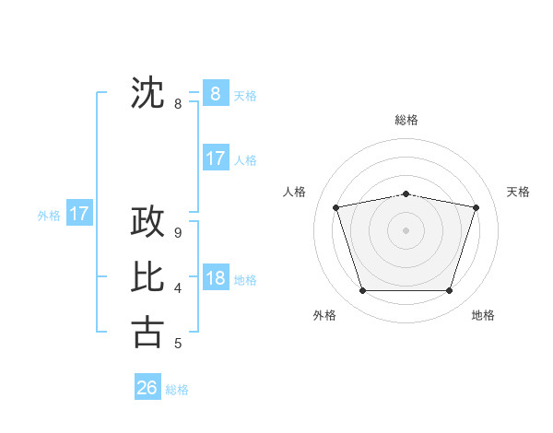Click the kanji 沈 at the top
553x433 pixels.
tap(147, 93)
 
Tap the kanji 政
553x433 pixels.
tap(147, 222)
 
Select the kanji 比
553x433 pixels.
tap(147, 276)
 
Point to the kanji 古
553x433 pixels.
tap(147, 331)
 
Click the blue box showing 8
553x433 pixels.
tap(215, 93)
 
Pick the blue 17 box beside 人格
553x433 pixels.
tap(215, 158)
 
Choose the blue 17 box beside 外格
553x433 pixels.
tap(79, 215)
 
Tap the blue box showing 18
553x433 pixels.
tap(215, 278)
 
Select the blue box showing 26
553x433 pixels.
tap(147, 388)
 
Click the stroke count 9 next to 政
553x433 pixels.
tap(177, 234)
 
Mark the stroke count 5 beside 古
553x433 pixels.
tap(177, 344)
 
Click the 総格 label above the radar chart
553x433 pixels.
tap(406, 120)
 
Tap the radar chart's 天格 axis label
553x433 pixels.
tap(519, 192)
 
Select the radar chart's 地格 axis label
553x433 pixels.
tap(483, 315)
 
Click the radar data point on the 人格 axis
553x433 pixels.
tap(335, 207)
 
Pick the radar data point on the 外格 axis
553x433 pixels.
tap(362, 291)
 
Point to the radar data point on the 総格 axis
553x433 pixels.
tap(406, 193)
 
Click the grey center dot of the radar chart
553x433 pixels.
tap(406, 229)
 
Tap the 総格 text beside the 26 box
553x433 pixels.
tap(177, 390)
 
